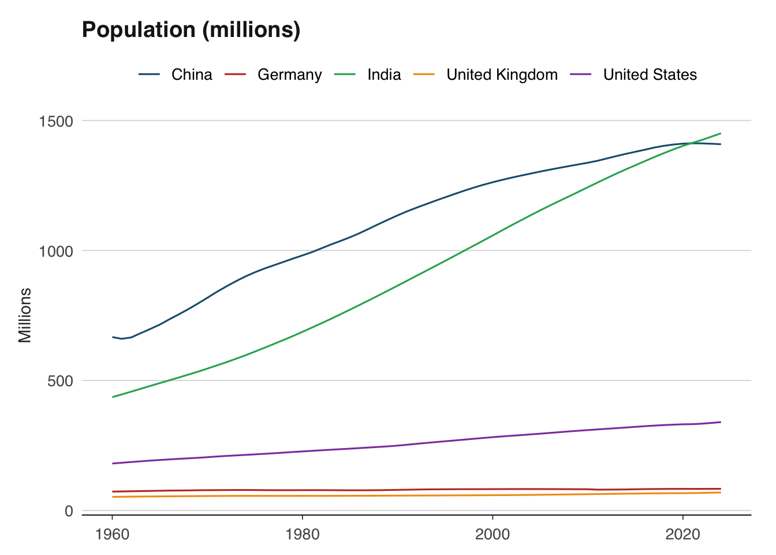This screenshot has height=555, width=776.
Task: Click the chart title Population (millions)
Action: [x=191, y=29]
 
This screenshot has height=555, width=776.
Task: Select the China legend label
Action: [x=192, y=75]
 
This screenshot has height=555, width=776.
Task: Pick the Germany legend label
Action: [x=289, y=75]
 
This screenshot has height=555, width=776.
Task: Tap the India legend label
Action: [x=384, y=75]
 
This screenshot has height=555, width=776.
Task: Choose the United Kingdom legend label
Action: [x=502, y=75]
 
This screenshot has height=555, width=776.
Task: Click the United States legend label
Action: [x=650, y=75]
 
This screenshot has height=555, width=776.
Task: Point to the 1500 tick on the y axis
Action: [x=56, y=121]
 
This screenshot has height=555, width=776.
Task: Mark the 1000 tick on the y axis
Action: [x=56, y=251]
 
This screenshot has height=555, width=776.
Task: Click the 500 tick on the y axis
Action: [x=60, y=380]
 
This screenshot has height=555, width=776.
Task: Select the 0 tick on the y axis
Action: [x=69, y=510]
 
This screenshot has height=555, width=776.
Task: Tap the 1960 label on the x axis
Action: [x=112, y=534]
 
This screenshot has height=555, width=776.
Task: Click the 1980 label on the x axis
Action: [x=302, y=534]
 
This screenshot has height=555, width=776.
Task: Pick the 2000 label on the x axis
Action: [x=493, y=534]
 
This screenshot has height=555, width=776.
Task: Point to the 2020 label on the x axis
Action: [x=682, y=534]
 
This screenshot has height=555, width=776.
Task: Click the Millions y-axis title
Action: [x=25, y=316]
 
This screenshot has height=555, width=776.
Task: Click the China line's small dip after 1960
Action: [x=122, y=339]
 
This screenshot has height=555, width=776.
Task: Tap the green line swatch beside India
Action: [x=345, y=75]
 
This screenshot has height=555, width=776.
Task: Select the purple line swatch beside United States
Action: [x=581, y=75]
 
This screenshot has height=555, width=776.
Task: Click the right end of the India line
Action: [x=721, y=134]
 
